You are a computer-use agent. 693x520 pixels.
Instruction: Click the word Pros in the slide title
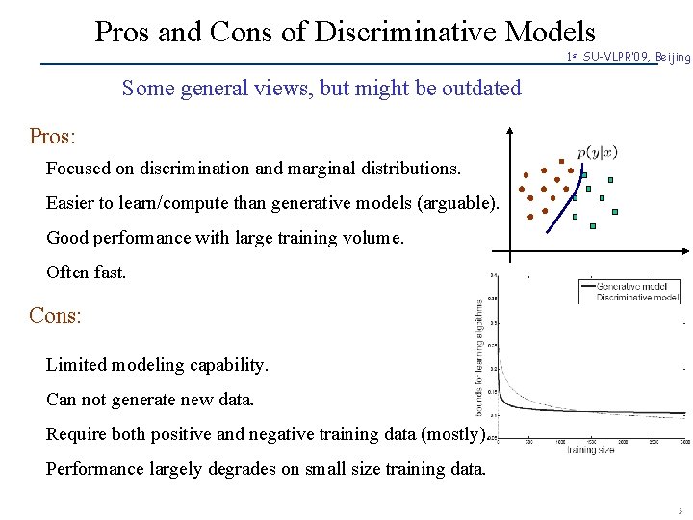tap(122, 32)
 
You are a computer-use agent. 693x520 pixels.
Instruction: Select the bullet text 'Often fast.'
tap(86, 273)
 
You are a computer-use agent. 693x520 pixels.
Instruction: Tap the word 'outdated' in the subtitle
tap(480, 89)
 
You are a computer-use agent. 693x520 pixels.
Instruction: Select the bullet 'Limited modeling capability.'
tap(157, 365)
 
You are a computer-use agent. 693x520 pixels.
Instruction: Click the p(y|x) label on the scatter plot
tap(597, 152)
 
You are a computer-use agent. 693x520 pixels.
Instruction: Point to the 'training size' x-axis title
tap(590, 450)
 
